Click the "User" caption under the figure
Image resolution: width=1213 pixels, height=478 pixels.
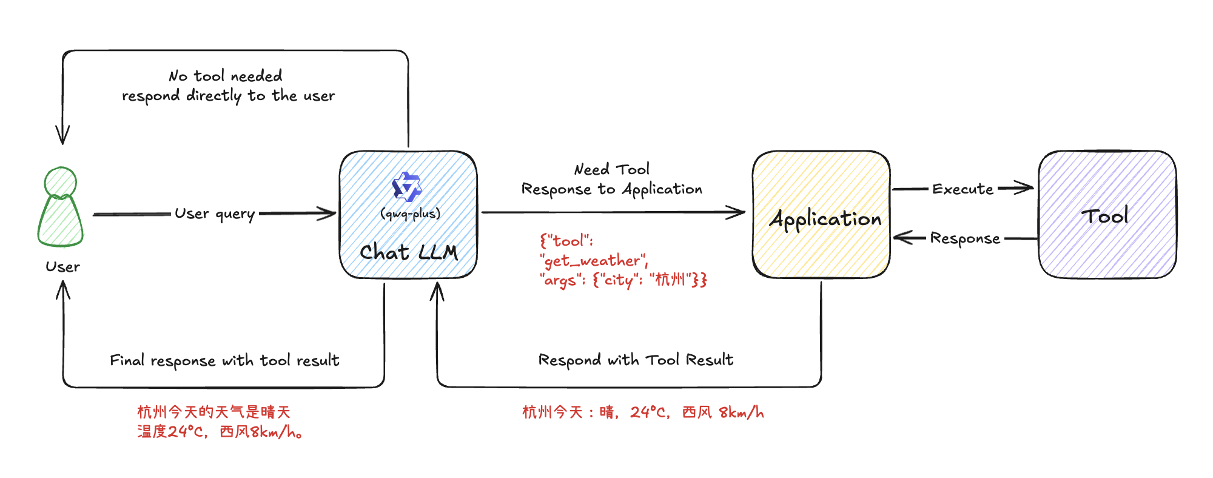pos(62,267)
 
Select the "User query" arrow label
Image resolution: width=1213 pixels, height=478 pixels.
pos(215,214)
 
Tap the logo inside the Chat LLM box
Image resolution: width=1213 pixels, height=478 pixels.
pos(407,187)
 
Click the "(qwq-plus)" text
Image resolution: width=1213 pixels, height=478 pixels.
pos(410,214)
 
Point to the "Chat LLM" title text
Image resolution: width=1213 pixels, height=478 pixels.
pos(408,252)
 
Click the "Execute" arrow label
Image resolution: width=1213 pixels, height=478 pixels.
pos(963,189)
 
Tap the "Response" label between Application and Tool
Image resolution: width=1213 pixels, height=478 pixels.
pos(964,238)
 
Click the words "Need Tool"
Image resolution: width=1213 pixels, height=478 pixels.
pos(611,169)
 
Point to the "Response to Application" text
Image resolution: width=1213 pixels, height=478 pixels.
pos(611,189)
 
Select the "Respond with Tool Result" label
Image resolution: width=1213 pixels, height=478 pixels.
pos(636,360)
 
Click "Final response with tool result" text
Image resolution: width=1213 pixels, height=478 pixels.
pos(224,361)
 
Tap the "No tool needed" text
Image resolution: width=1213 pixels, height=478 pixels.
pos(225,76)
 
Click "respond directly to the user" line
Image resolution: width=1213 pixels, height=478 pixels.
pos(228,96)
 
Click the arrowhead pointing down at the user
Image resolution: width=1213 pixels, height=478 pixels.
pos(62,137)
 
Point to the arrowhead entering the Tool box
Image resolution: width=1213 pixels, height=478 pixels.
pos(1027,188)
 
